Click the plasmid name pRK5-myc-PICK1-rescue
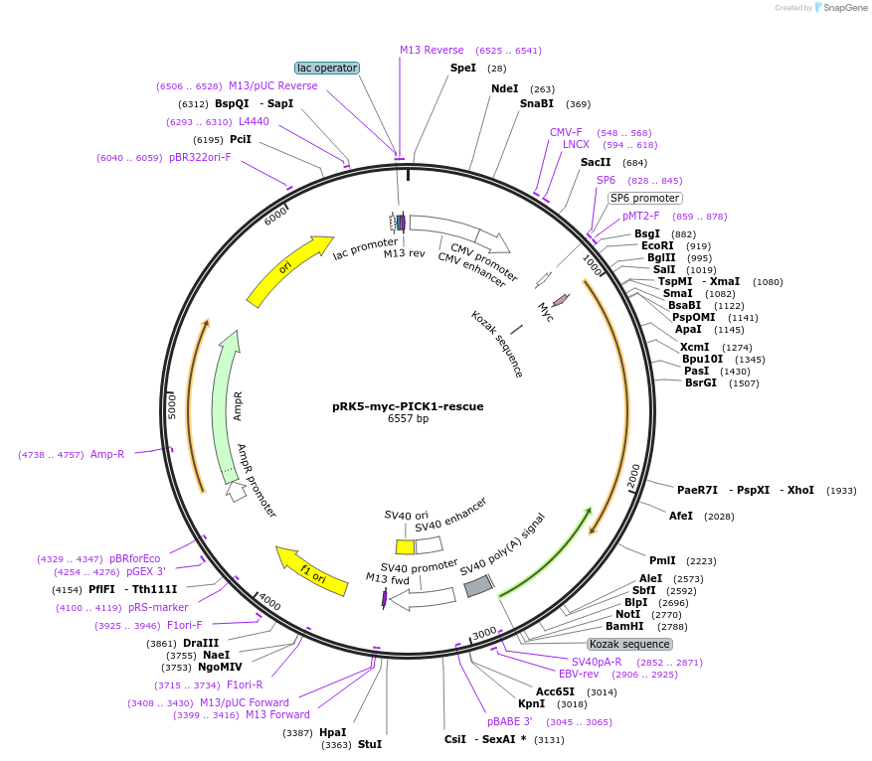(409, 406)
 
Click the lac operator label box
(327, 68)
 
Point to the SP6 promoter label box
(645, 198)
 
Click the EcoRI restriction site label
(657, 245)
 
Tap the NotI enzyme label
(627, 614)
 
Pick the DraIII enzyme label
(201, 643)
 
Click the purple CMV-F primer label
(566, 132)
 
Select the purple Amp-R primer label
(107, 454)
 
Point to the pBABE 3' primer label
(509, 721)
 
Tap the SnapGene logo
(840, 8)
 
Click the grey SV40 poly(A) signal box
(478, 587)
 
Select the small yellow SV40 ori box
(405, 546)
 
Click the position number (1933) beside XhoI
(841, 490)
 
